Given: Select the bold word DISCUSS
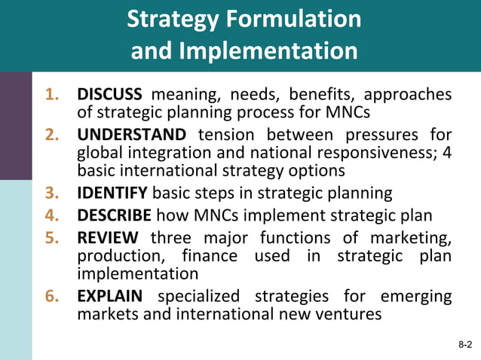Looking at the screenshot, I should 109,95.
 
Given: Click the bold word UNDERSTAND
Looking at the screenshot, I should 131,135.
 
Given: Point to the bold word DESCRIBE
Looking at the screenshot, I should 114,216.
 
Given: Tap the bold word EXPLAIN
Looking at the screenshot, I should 111,296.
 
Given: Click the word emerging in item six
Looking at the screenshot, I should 414,296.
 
